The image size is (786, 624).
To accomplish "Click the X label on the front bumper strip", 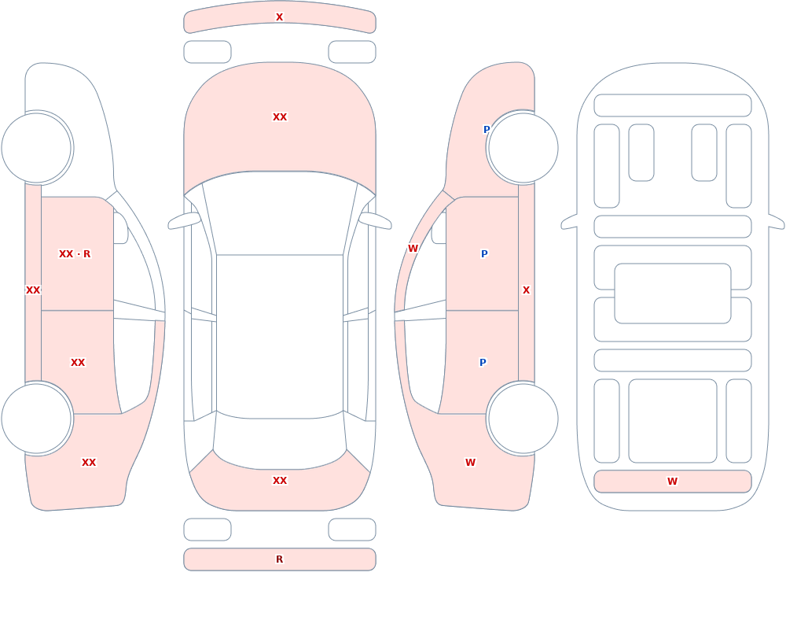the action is (279, 17).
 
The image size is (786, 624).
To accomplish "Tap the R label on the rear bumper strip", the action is (279, 559).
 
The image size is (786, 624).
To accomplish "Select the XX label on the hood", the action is (280, 117).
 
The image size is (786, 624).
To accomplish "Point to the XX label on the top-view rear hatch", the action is (280, 481).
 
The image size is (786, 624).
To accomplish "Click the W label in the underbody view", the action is (672, 482).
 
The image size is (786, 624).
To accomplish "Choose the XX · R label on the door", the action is (75, 254).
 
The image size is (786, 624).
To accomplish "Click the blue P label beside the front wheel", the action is (487, 130).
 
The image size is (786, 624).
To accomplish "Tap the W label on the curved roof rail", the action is (413, 249).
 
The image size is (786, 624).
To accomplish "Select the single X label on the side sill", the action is (526, 290).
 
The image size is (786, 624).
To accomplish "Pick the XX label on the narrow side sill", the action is (33, 290).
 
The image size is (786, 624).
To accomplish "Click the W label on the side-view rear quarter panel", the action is (470, 463).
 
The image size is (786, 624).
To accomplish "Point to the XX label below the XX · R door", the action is (78, 363).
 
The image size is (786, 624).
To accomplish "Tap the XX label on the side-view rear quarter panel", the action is (89, 463).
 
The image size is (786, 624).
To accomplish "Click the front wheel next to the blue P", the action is (523, 148).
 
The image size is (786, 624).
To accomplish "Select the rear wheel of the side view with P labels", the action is (523, 419).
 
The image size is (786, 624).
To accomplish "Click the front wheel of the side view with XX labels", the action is (37, 148).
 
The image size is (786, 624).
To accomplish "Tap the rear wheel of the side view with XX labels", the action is (37, 419).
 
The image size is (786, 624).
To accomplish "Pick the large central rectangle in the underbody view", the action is (673, 294).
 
